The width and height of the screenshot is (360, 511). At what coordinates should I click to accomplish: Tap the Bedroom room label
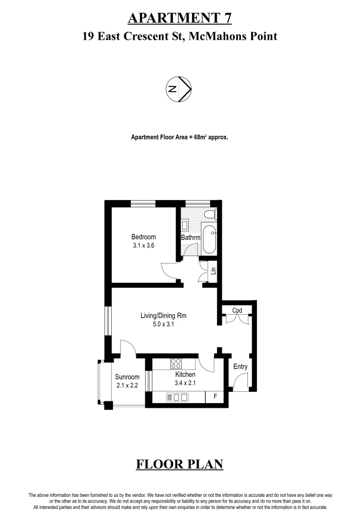coord(143,237)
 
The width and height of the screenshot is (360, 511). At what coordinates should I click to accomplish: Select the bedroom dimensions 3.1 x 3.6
coord(143,246)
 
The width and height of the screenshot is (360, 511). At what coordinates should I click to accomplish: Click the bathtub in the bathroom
coord(209,239)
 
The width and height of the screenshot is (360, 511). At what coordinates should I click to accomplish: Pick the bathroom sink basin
coord(185,225)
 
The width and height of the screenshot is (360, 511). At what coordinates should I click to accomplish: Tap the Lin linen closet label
coord(213,271)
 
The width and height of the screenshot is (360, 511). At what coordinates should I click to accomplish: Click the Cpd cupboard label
coord(237,310)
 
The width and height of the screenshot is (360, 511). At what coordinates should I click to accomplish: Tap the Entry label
coord(240,367)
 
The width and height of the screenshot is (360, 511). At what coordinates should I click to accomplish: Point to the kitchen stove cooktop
coord(176,363)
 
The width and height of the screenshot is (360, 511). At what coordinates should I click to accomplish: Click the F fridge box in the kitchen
coord(216,396)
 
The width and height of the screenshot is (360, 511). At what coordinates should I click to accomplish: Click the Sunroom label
coord(127,377)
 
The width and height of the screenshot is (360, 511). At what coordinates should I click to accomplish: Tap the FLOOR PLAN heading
coord(179,464)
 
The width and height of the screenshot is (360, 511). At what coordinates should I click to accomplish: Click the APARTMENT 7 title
coord(180,18)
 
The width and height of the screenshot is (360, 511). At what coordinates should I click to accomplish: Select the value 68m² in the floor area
coord(202,137)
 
